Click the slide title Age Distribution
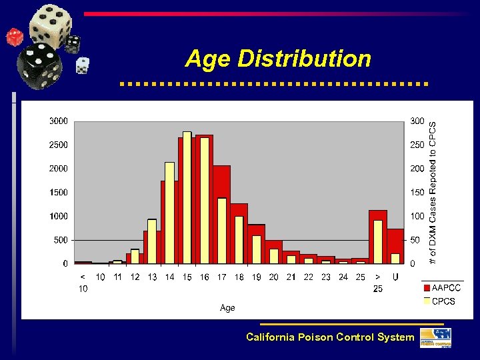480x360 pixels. (x=278, y=59)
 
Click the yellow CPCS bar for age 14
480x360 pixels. (x=169, y=213)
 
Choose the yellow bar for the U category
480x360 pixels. (x=395, y=258)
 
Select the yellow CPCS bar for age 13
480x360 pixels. (x=152, y=241)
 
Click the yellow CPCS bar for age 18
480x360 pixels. (x=239, y=239)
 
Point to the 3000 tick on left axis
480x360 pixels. (x=59, y=121)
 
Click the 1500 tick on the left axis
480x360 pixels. (x=59, y=192)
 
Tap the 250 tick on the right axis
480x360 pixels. (x=417, y=145)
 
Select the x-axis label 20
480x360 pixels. (x=273, y=277)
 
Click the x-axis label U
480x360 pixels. (x=395, y=277)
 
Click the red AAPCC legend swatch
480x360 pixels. (x=427, y=288)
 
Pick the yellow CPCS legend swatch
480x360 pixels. (x=427, y=301)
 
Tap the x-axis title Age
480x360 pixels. (x=227, y=308)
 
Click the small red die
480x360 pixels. (x=14, y=37)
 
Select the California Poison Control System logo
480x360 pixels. (x=435, y=337)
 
